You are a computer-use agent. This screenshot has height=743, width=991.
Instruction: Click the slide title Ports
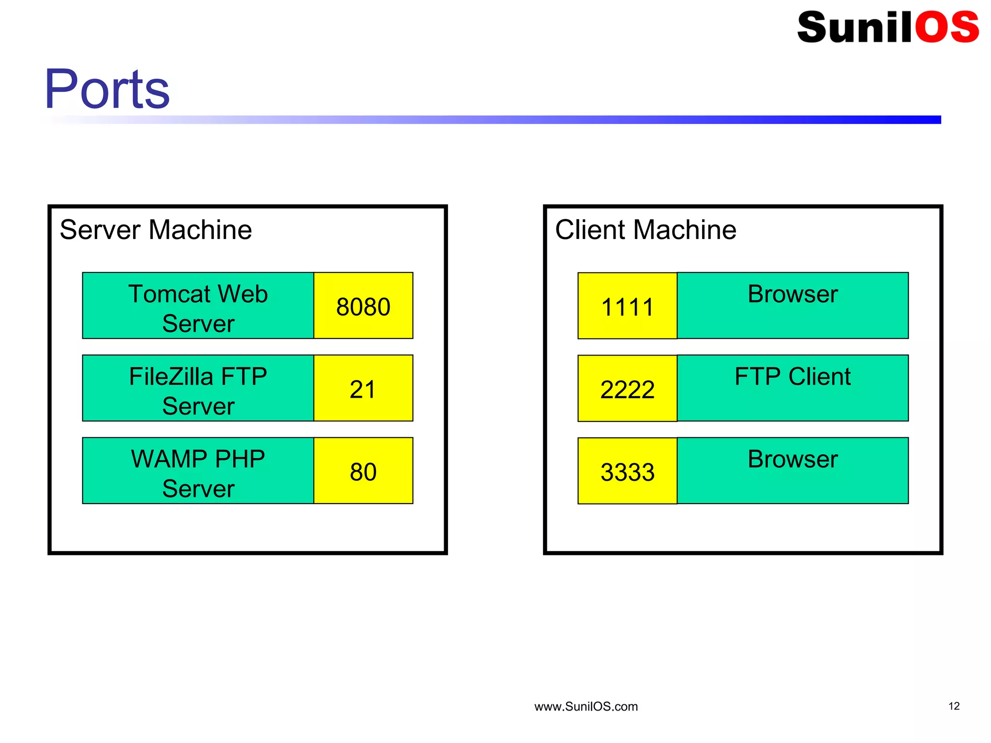click(x=107, y=89)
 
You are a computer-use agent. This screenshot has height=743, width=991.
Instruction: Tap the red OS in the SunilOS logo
click(x=946, y=27)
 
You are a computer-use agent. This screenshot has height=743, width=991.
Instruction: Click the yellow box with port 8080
click(x=363, y=306)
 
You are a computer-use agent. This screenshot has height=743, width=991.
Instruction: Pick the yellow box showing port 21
click(x=363, y=388)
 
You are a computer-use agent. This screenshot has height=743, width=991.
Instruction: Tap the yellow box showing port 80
click(x=363, y=471)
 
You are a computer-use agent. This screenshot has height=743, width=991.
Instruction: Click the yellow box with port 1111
click(x=627, y=306)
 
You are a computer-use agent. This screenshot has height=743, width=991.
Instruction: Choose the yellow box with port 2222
click(x=627, y=389)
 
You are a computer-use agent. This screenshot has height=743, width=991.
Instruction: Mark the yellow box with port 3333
click(x=627, y=471)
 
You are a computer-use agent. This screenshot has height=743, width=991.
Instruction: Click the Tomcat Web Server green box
click(x=198, y=306)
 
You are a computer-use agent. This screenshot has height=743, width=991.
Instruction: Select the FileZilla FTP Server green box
click(x=198, y=388)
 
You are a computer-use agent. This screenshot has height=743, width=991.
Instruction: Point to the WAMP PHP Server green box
click(x=198, y=471)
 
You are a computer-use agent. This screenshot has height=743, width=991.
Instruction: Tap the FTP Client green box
click(x=792, y=388)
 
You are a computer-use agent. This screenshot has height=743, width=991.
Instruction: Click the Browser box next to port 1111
click(x=792, y=306)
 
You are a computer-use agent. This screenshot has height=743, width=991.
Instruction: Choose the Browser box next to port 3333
click(x=792, y=471)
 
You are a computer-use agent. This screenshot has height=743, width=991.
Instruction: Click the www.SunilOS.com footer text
click(x=586, y=707)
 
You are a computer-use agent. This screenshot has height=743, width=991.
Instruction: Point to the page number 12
click(x=954, y=706)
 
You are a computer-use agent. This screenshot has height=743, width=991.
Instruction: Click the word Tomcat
click(x=163, y=294)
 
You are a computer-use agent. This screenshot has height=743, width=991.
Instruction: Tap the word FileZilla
click(x=171, y=376)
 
